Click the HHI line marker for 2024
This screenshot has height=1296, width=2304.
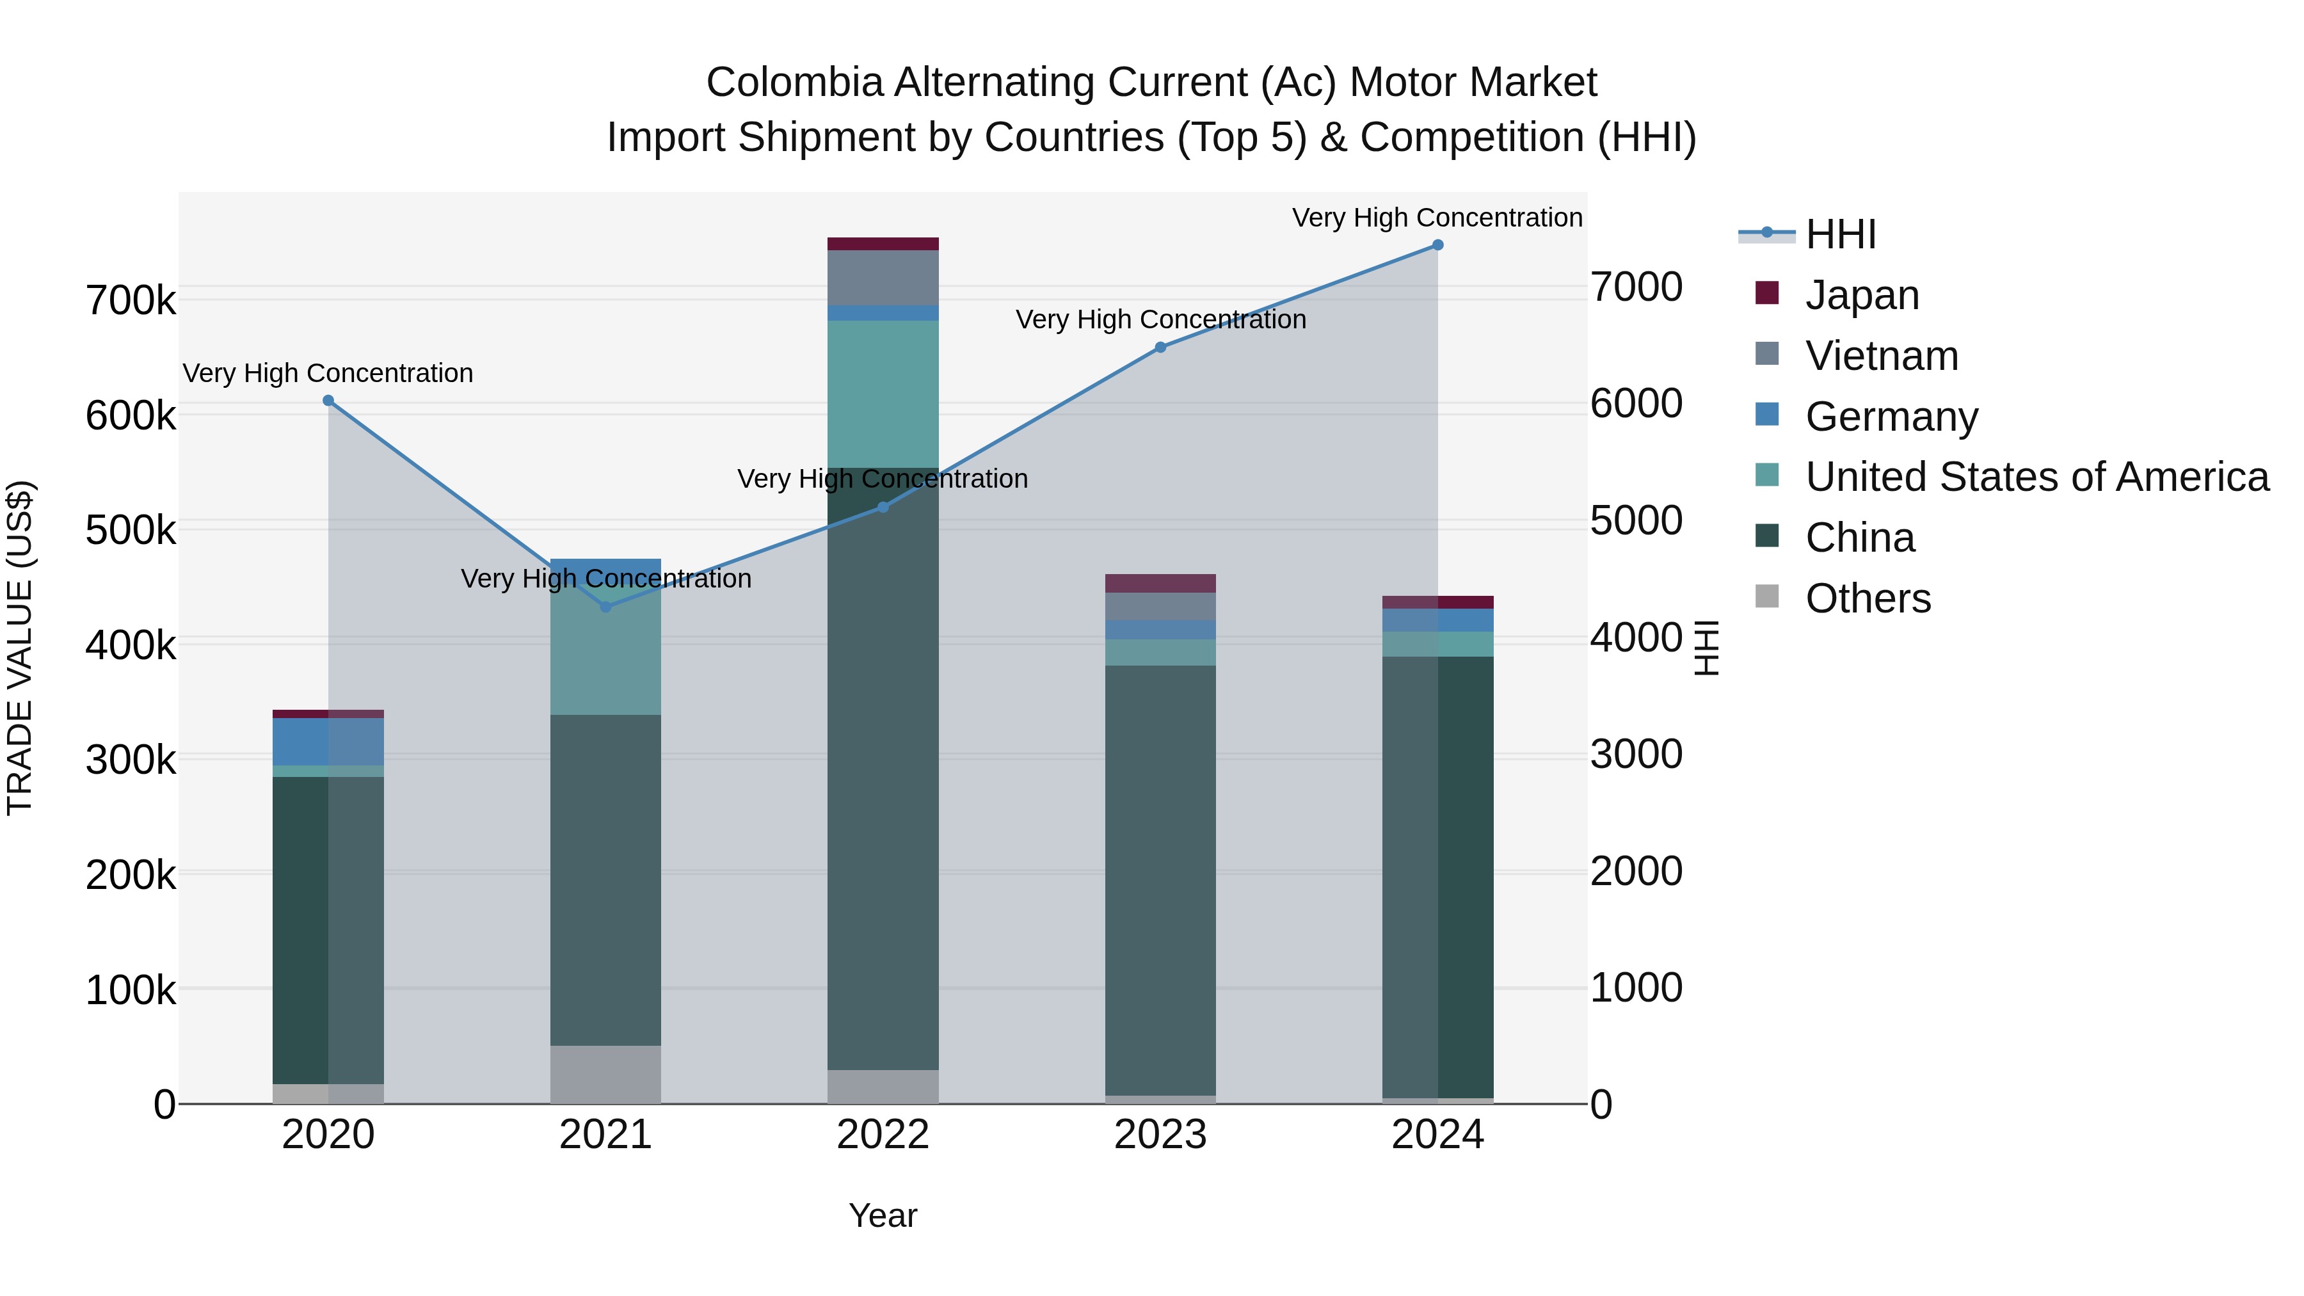(1437, 245)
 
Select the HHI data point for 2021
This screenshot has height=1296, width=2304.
(605, 607)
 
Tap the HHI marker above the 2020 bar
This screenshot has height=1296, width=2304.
(328, 401)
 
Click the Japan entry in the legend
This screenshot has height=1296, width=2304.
(1862, 295)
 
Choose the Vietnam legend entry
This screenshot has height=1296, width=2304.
(1882, 356)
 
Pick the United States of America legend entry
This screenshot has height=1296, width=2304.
(2036, 477)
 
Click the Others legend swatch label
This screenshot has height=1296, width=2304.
(1868, 598)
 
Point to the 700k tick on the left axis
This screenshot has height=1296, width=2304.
(131, 301)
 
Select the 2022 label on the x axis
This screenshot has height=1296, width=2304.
(883, 1135)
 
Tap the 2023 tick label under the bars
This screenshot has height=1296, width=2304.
(1160, 1135)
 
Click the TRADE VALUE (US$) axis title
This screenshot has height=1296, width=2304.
(20, 648)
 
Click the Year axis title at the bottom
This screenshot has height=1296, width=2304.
(883, 1215)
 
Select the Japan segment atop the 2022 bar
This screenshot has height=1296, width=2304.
(883, 244)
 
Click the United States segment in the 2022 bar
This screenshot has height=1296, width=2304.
(883, 394)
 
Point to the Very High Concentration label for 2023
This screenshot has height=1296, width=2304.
(1160, 319)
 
